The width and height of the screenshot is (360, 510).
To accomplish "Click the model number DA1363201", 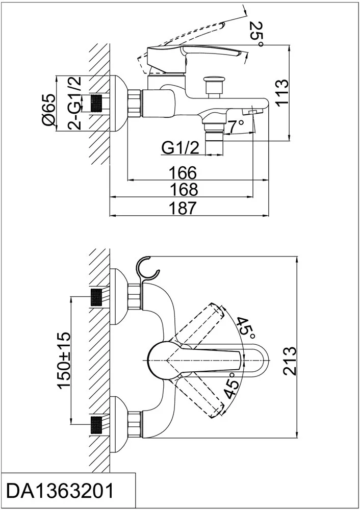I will pyautogui.click(x=59, y=491).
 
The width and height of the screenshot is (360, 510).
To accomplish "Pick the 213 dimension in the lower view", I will pyautogui.click(x=289, y=360).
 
